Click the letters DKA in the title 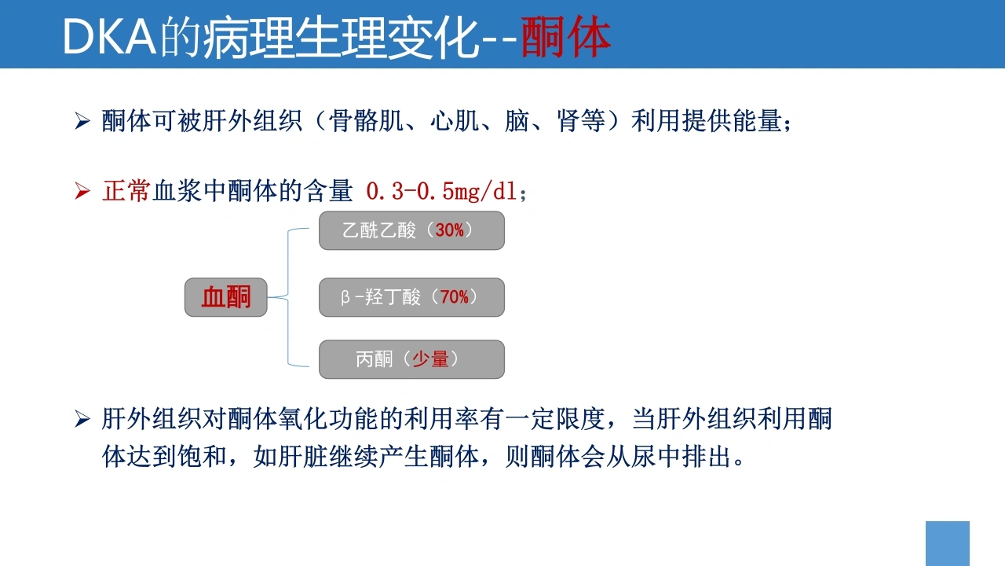tap(109, 37)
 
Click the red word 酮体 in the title tap(565, 37)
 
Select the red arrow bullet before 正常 tap(82, 191)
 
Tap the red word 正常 tap(126, 191)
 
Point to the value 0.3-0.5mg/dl tap(441, 191)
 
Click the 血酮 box tap(225, 297)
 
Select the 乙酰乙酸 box tap(411, 230)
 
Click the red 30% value tap(449, 230)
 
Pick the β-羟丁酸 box tap(411, 297)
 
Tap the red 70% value tap(454, 297)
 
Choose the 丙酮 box tap(411, 359)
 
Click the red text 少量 tap(430, 359)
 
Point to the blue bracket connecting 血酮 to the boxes tap(288, 297)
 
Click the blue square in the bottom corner tap(948, 543)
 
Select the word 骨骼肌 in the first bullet tap(366, 121)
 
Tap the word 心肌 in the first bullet tap(454, 121)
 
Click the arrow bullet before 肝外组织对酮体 tap(82, 419)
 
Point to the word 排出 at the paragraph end tap(706, 457)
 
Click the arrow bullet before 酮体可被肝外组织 tap(82, 121)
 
